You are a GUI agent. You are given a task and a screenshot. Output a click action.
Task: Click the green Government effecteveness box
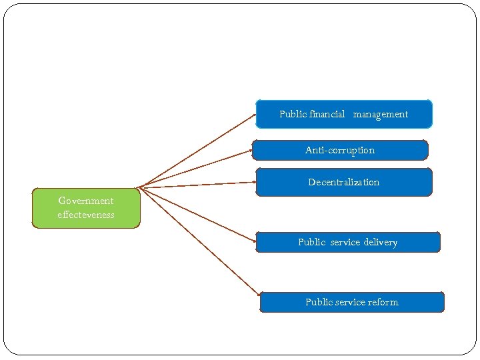point(86,208)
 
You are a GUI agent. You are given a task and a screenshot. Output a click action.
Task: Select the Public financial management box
point(343,114)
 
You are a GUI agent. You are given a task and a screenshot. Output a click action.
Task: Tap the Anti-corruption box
point(339,150)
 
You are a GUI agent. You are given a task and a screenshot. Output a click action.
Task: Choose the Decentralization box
point(343,182)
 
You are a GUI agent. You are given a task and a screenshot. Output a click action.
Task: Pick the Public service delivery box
point(347,242)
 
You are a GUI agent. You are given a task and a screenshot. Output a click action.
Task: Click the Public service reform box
point(351,302)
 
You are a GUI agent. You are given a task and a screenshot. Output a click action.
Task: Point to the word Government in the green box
point(86,201)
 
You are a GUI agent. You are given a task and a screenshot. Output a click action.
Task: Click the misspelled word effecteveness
point(86,215)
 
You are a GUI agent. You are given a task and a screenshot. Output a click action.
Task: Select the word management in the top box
point(381,114)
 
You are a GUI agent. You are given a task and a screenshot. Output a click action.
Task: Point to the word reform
point(382,302)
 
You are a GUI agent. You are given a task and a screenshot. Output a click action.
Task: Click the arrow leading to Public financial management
point(197,151)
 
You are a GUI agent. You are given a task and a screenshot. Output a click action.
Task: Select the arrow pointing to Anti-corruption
point(195,168)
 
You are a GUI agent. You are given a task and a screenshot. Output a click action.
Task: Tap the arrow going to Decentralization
point(197,185)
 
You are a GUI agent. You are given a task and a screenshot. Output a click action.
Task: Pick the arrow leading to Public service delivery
point(197,213)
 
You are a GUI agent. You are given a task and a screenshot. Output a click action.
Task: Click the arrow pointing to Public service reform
point(199,241)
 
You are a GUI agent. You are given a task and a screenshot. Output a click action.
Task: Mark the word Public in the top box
point(293,114)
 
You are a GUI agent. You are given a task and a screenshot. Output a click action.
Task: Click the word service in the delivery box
point(345,242)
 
